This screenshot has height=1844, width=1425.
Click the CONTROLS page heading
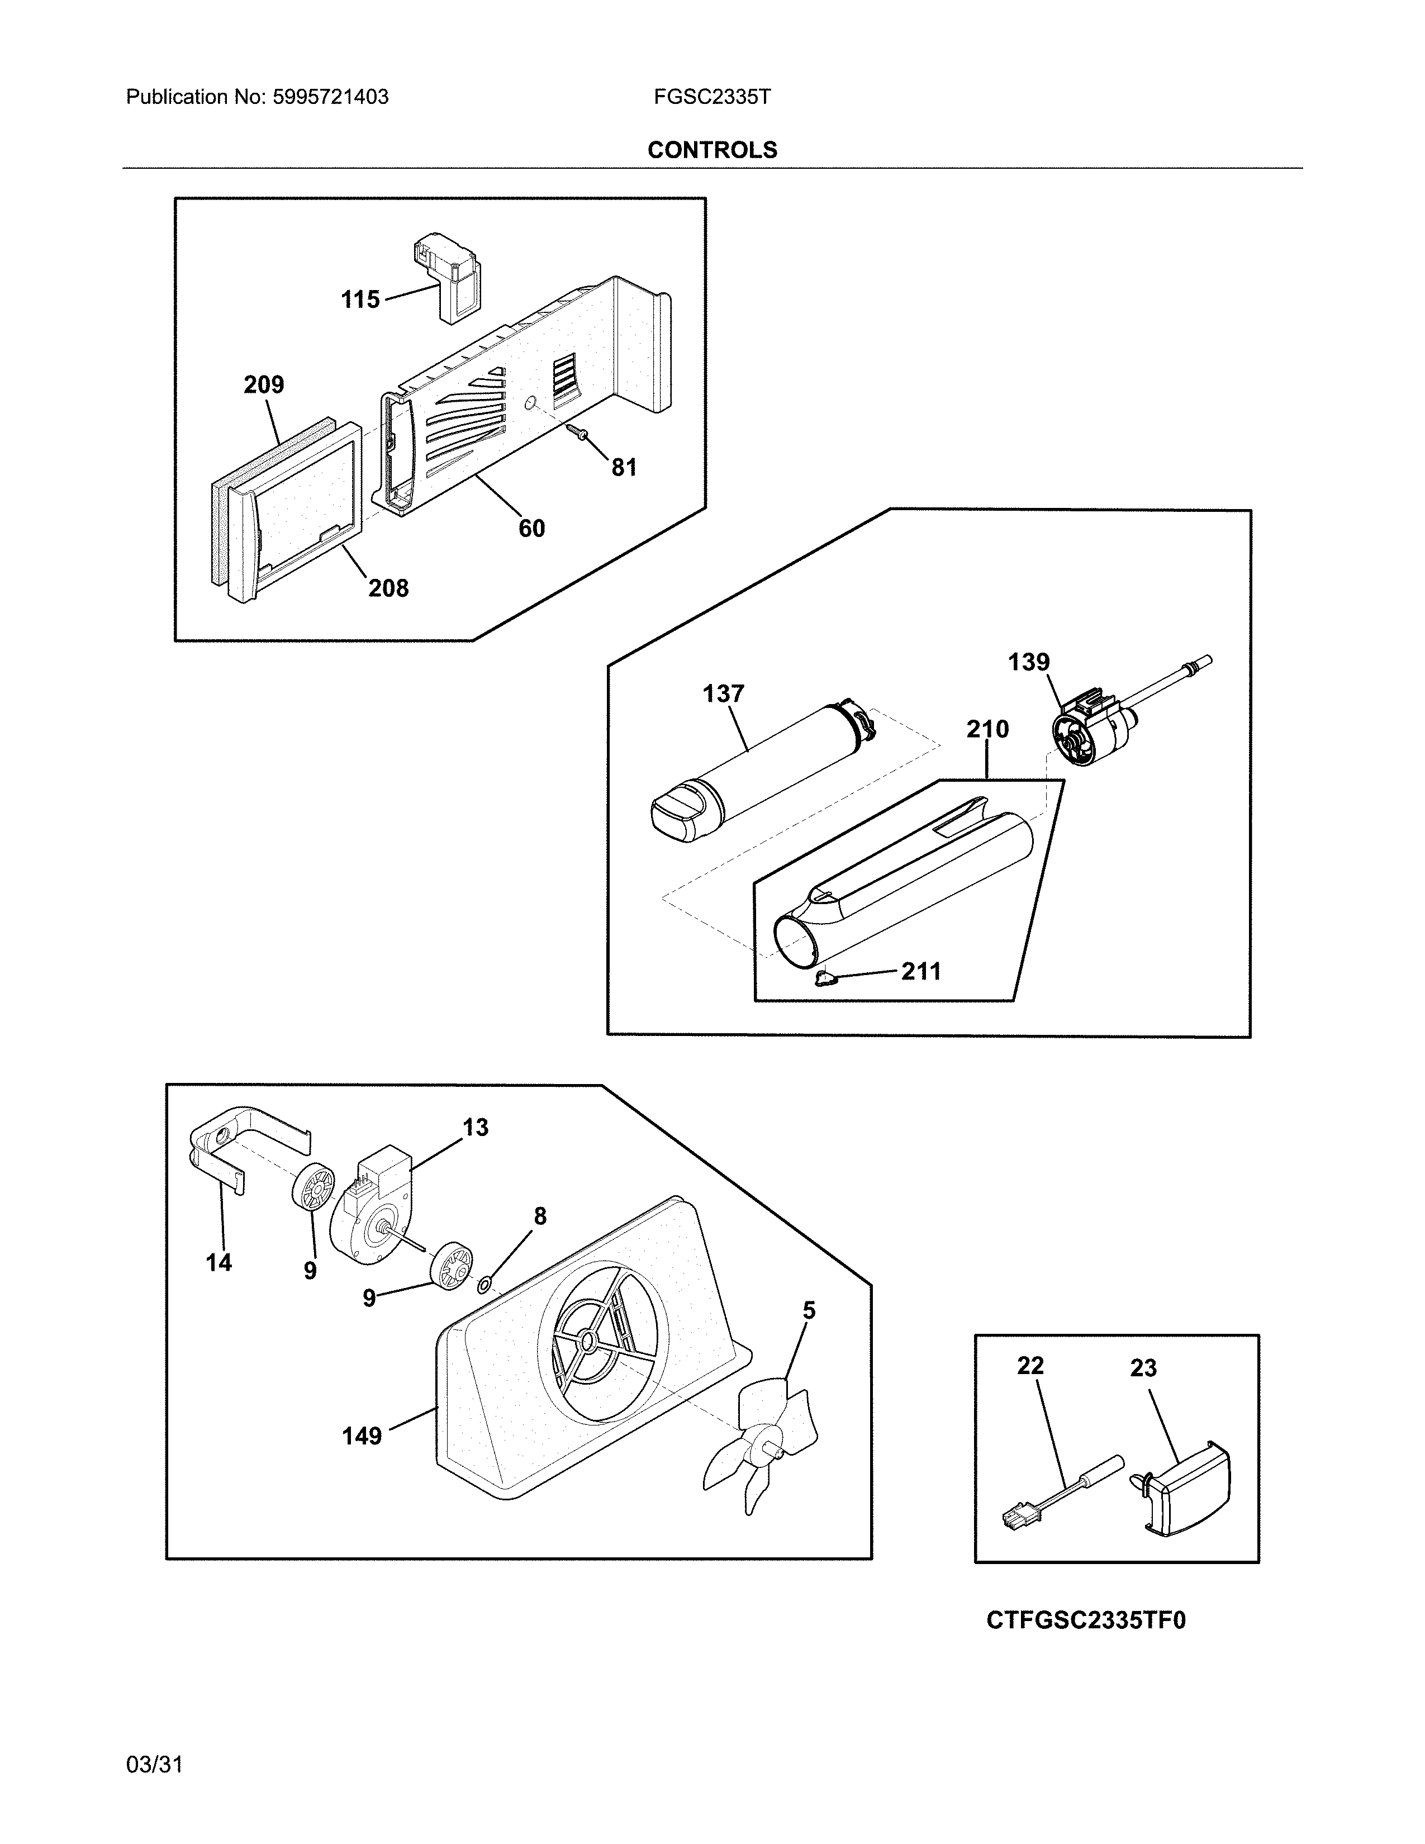pyautogui.click(x=711, y=150)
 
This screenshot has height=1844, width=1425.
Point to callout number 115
pyautogui.click(x=360, y=300)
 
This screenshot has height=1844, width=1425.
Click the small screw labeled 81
pyautogui.click(x=581, y=433)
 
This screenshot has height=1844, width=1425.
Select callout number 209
pyautogui.click(x=263, y=385)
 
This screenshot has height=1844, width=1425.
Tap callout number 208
pyautogui.click(x=388, y=588)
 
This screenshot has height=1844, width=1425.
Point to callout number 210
pyautogui.click(x=987, y=729)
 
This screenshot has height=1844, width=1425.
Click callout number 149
pyautogui.click(x=362, y=1436)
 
